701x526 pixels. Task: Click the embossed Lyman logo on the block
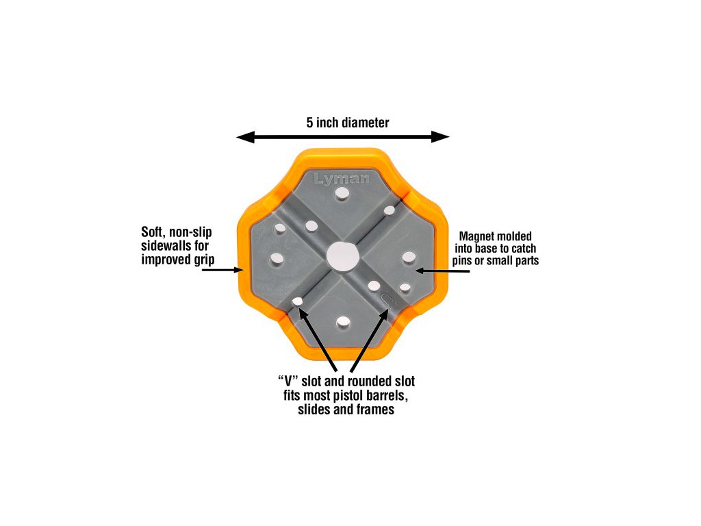point(342,179)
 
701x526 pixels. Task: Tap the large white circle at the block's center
point(342,256)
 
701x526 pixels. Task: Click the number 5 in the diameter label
point(310,123)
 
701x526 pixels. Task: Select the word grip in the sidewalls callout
point(203,260)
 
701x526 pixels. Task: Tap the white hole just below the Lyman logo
point(342,197)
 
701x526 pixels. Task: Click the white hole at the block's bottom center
point(342,321)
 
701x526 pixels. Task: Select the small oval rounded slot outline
point(387,299)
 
